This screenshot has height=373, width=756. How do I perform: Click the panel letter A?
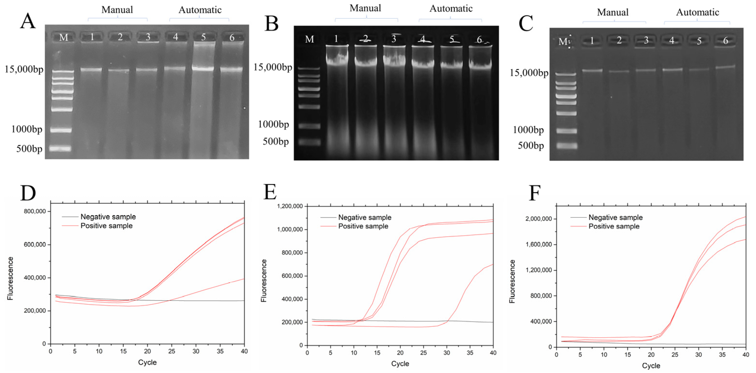pyautogui.click(x=28, y=21)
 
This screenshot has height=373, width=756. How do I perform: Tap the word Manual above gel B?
pyautogui.click(x=365, y=8)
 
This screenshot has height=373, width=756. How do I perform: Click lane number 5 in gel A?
pyautogui.click(x=203, y=37)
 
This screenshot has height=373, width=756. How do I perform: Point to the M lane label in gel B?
pyautogui.click(x=309, y=39)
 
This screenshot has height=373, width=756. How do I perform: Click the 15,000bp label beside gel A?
pyautogui.click(x=24, y=69)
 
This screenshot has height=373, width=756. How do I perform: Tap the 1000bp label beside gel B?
pyautogui.click(x=273, y=124)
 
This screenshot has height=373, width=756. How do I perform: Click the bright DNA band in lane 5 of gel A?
pyautogui.click(x=203, y=68)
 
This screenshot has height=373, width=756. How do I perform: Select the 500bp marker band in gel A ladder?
pyautogui.click(x=60, y=148)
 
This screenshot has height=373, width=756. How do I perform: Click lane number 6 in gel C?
pyautogui.click(x=725, y=40)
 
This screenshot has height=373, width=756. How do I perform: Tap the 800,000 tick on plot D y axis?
pyautogui.click(x=35, y=211)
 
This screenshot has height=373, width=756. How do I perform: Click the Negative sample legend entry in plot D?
pyautogui.click(x=108, y=217)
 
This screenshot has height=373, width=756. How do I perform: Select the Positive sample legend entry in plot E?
pyautogui.click(x=363, y=226)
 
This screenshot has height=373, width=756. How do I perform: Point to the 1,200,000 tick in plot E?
pyautogui.click(x=290, y=206)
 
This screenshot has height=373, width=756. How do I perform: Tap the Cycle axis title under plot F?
pyautogui.click(x=651, y=366)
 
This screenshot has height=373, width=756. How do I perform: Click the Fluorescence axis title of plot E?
pyautogui.click(x=264, y=281)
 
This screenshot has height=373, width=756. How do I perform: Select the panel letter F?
pyautogui.click(x=534, y=193)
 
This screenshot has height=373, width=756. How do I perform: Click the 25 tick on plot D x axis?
pyautogui.click(x=171, y=351)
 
